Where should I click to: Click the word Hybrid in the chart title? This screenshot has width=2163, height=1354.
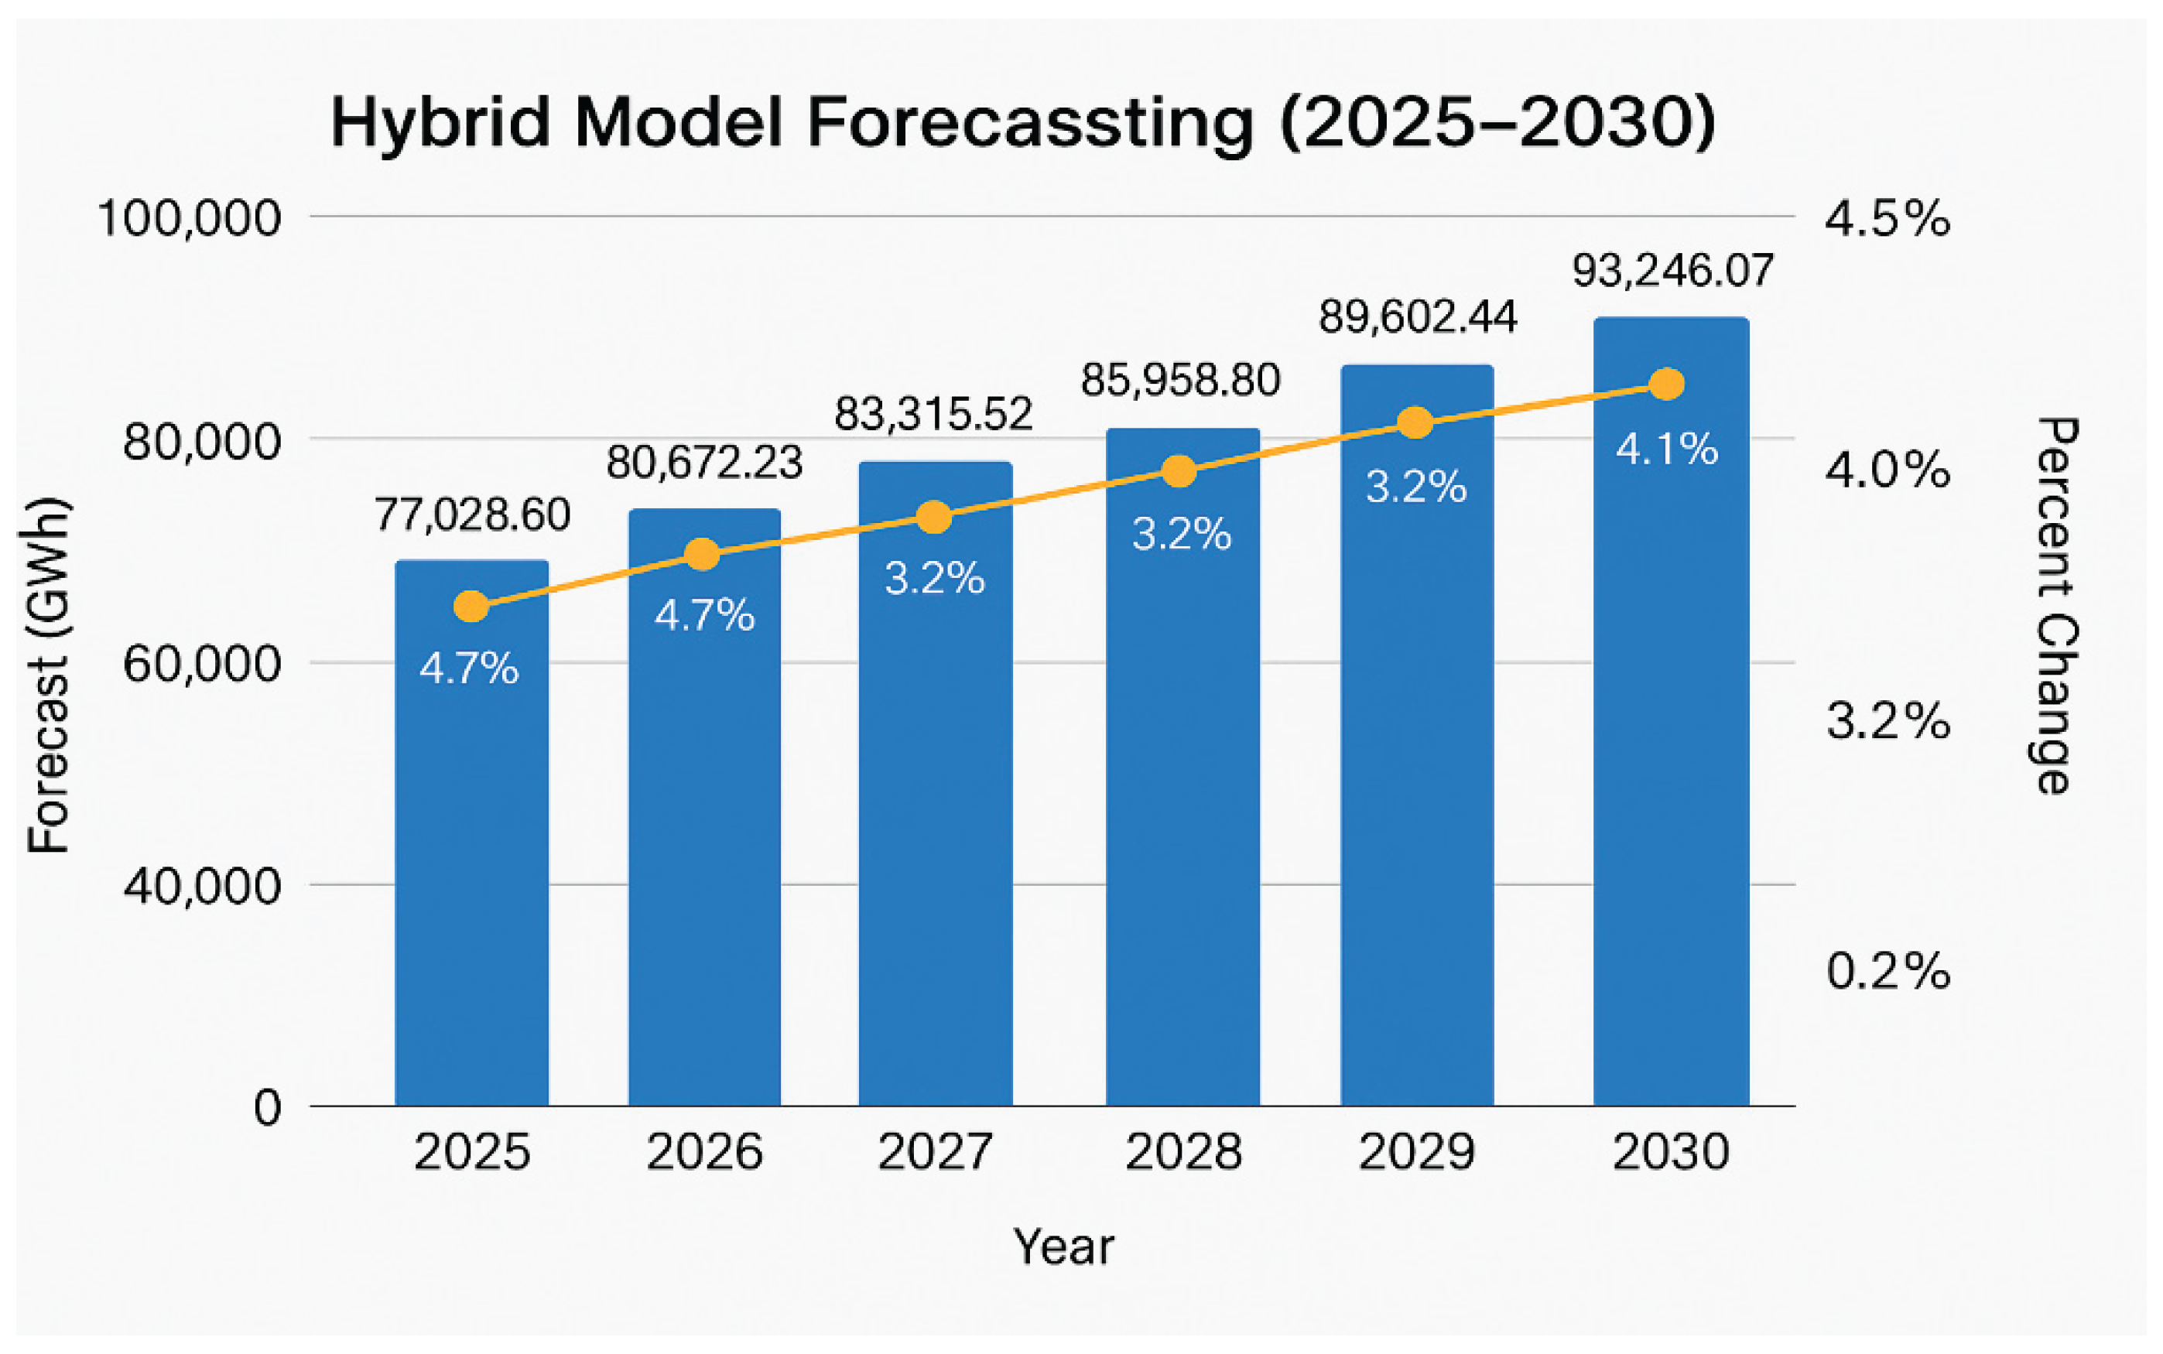[x=440, y=123]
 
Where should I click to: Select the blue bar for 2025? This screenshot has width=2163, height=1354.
[x=472, y=851]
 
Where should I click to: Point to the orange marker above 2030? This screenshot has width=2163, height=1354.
[x=1667, y=385]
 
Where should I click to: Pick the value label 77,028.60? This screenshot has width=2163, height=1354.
[x=472, y=515]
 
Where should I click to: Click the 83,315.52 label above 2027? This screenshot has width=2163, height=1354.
[x=933, y=414]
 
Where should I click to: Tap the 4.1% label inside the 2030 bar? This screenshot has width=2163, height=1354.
[x=1667, y=449]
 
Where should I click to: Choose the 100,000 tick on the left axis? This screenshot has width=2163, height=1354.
[x=189, y=217]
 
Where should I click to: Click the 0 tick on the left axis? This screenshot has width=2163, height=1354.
[x=268, y=1108]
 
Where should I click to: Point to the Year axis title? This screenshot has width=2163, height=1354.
[x=1063, y=1246]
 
